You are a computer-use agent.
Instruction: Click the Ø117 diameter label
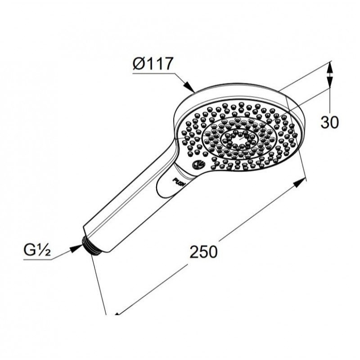[x=152, y=63]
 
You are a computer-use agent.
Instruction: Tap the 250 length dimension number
[x=203, y=252]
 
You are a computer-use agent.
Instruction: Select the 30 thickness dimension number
[x=329, y=122]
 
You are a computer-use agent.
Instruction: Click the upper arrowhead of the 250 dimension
[x=300, y=182]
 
